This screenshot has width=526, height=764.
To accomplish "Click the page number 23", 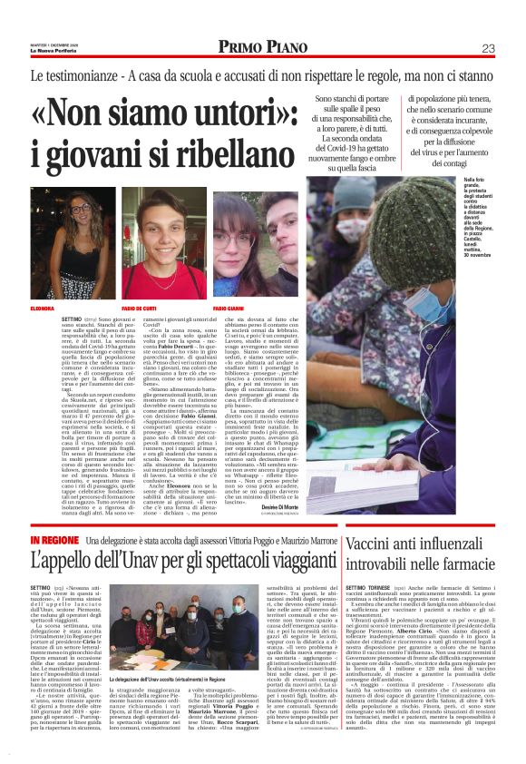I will [488, 48].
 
